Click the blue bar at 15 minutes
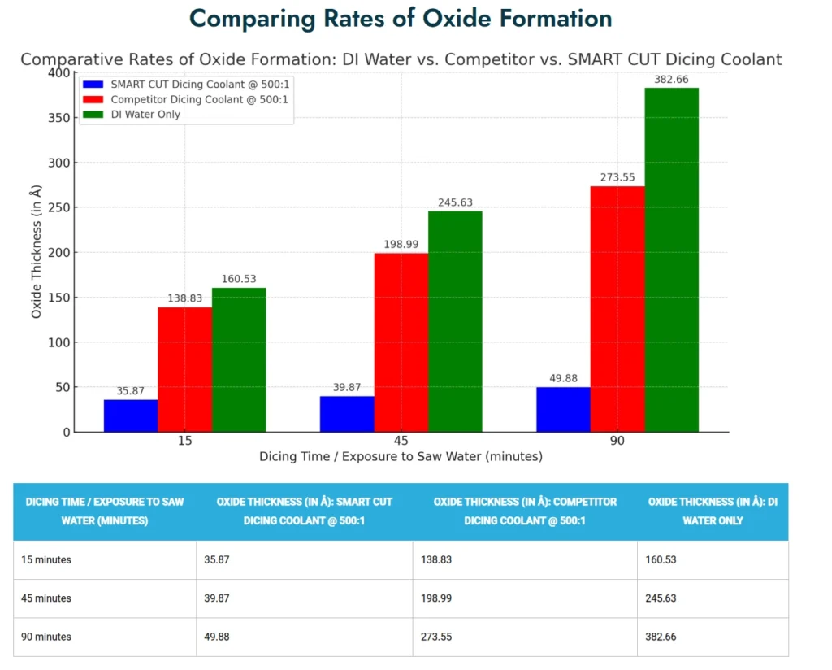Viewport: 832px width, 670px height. click(131, 415)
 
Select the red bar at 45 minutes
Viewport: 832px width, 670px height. click(401, 342)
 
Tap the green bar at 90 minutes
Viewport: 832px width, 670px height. click(671, 259)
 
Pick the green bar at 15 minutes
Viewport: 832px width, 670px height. click(239, 359)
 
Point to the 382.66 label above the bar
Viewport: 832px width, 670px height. click(671, 80)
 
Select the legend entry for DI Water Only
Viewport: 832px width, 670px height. click(145, 115)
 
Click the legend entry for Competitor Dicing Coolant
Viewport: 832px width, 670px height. click(199, 99)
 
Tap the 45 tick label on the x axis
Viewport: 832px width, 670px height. click(401, 441)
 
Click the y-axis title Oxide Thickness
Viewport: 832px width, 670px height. click(37, 252)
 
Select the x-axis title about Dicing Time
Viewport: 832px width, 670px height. click(401, 457)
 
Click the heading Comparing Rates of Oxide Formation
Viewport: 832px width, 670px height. click(401, 18)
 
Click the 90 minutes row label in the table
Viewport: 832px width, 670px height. click(47, 637)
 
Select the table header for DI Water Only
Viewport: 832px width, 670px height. click(713, 511)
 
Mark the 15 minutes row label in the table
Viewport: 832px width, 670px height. click(47, 560)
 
